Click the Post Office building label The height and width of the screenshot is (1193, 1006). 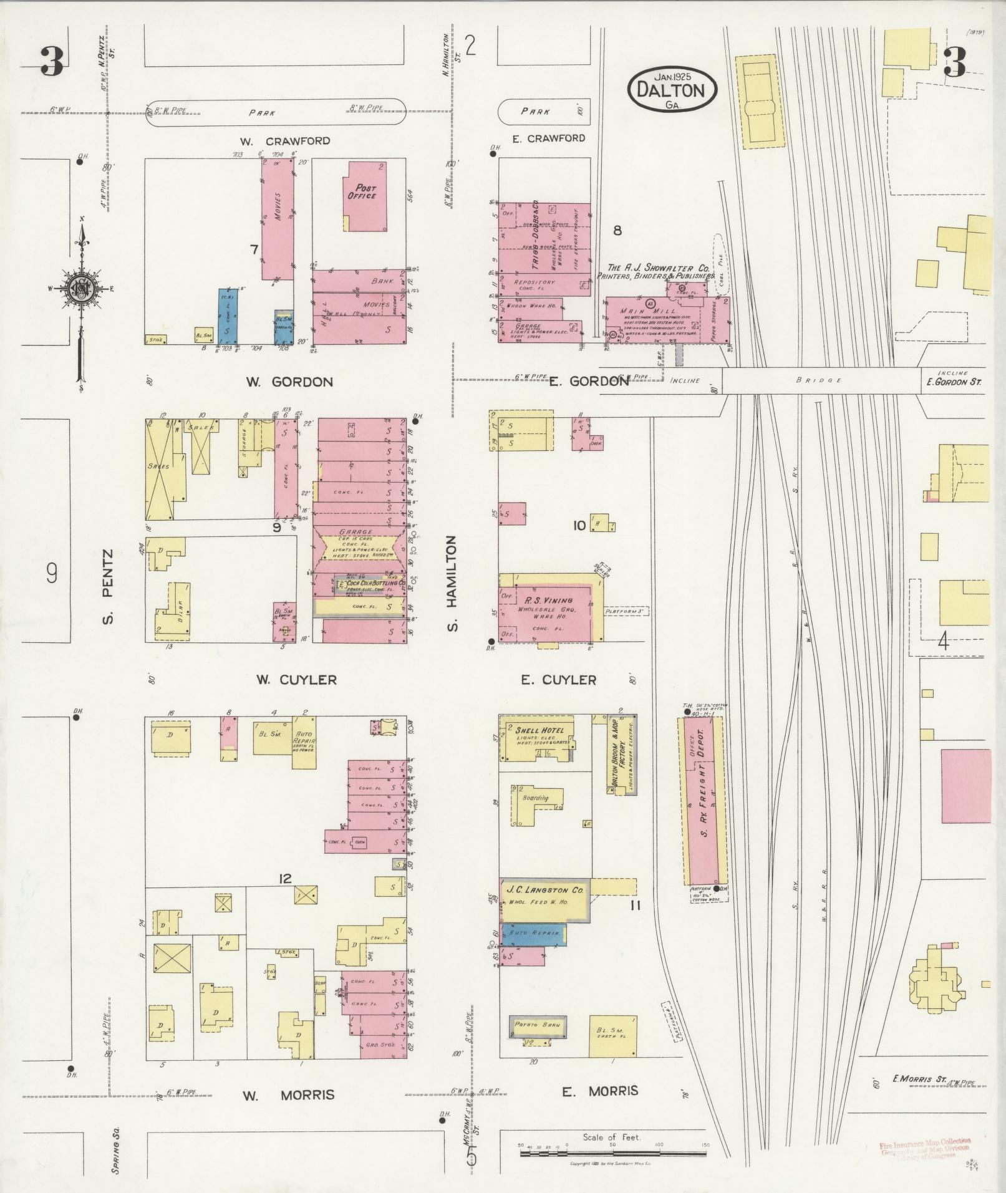pyautogui.click(x=365, y=191)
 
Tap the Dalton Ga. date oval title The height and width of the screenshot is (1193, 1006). pyautogui.click(x=672, y=90)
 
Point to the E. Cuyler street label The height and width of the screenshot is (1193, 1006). pyautogui.click(x=558, y=680)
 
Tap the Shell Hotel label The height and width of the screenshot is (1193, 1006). pyautogui.click(x=539, y=731)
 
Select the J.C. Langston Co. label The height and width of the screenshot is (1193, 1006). pyautogui.click(x=544, y=890)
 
